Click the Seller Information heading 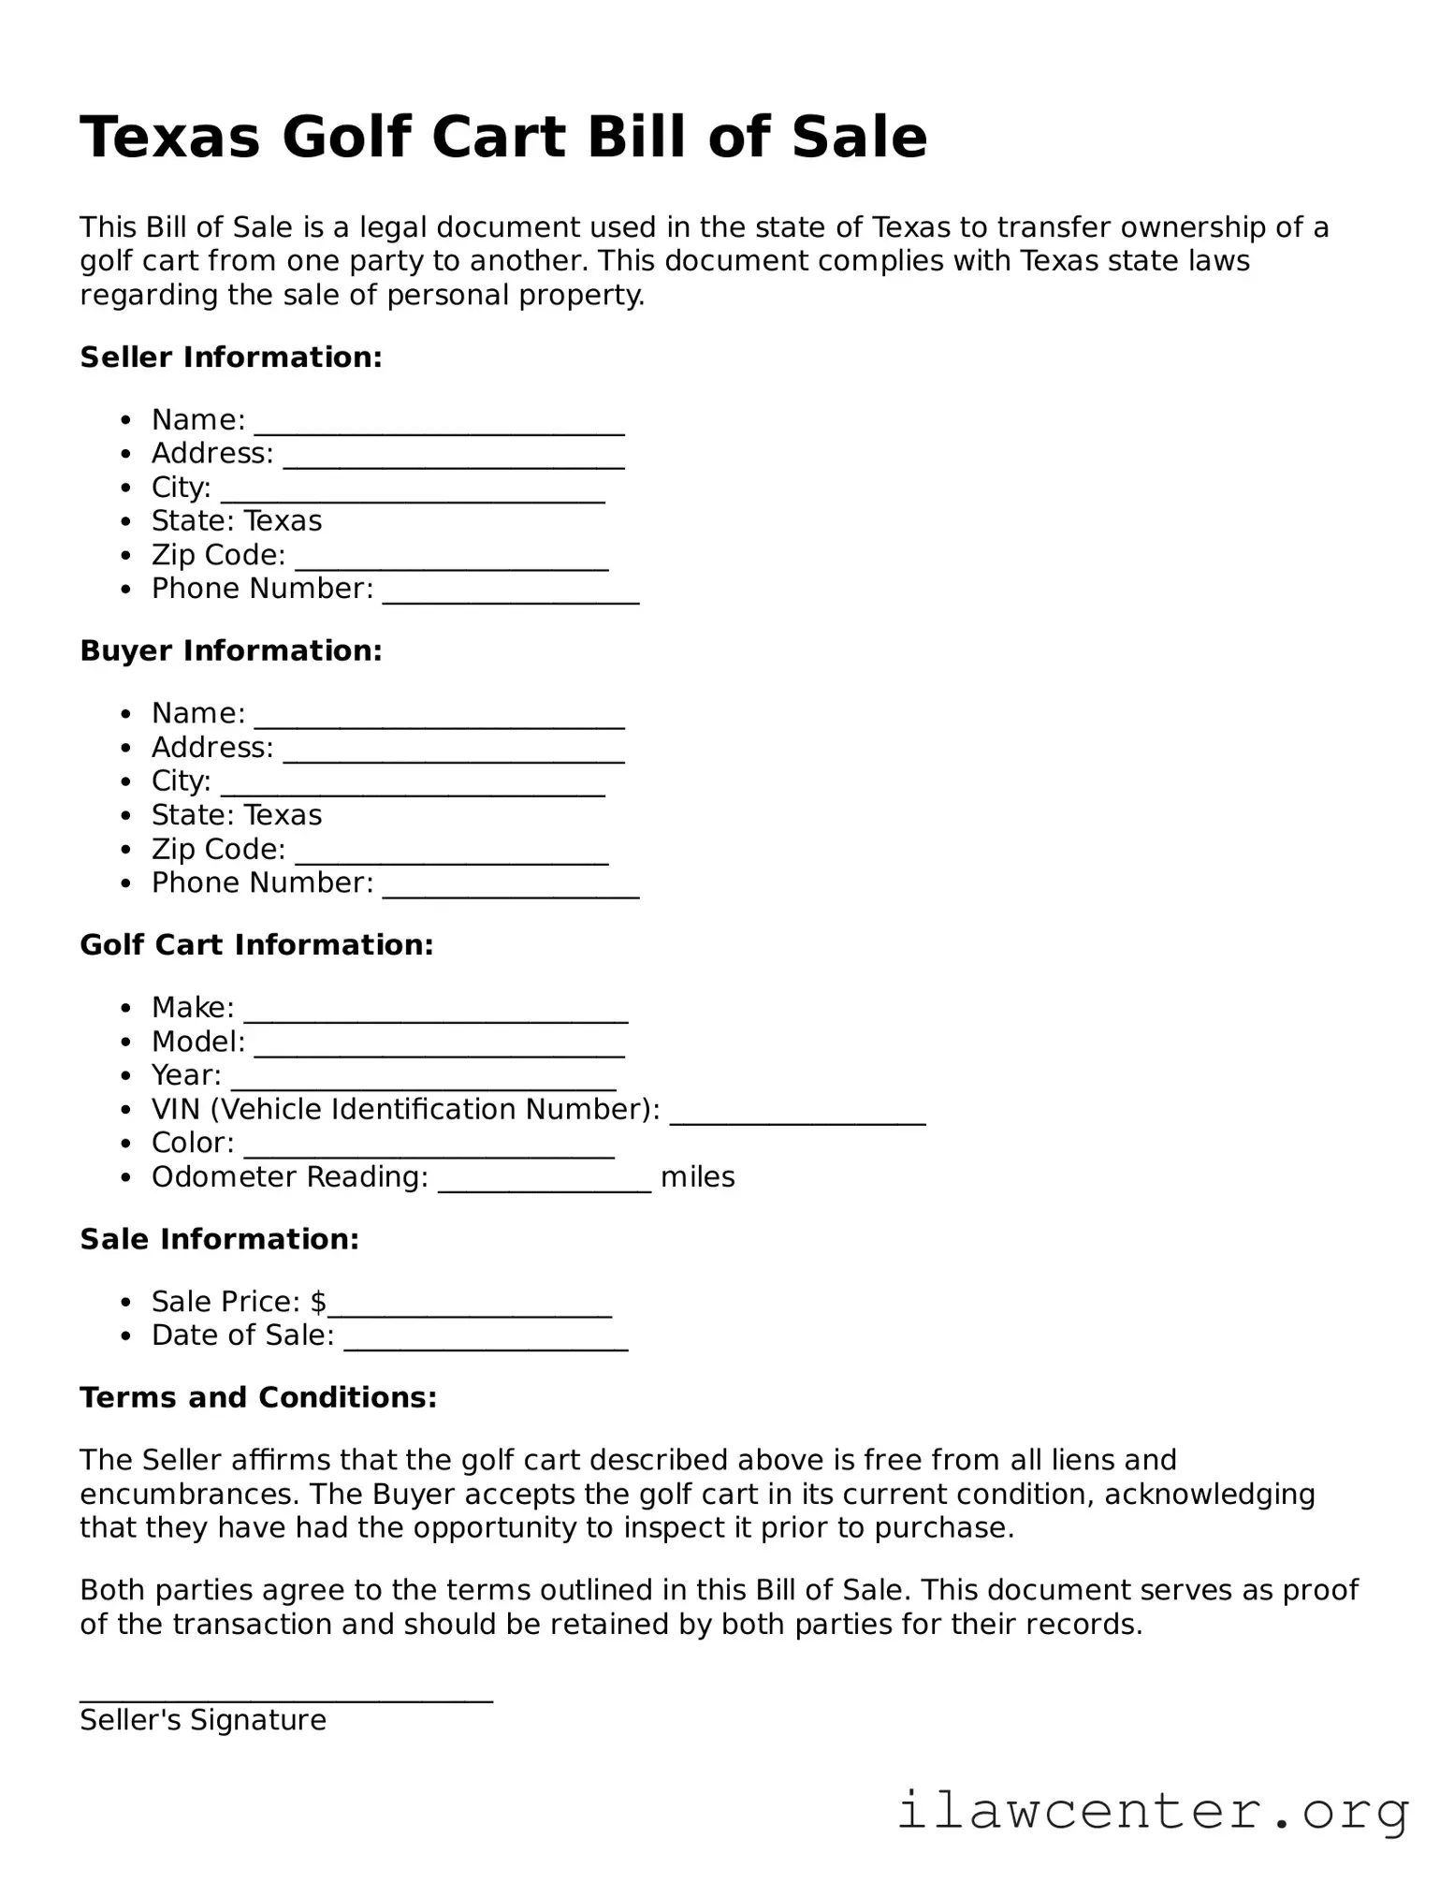[231, 357]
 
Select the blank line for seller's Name [439, 423]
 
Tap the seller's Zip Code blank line [451, 559]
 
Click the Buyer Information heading [231, 651]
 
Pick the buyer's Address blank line [453, 751]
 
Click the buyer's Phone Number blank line [511, 887]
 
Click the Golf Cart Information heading [256, 945]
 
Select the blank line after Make [435, 1012]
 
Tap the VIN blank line [797, 1114]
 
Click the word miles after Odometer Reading [697, 1177]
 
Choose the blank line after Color [429, 1147]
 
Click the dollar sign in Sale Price [318, 1302]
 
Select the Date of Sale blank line [486, 1340]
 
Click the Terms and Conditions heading [258, 1398]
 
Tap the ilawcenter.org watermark [1152, 1811]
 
